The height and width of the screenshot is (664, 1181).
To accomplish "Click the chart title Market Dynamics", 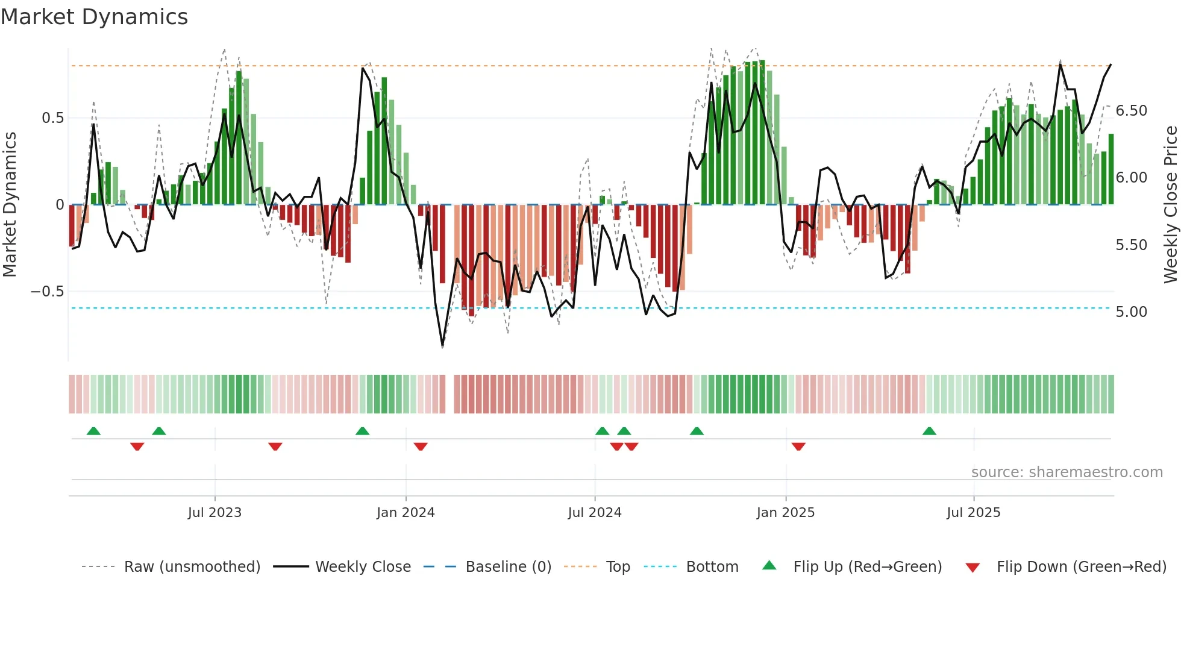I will [x=94, y=17].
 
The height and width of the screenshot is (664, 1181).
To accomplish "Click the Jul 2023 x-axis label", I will [x=215, y=512].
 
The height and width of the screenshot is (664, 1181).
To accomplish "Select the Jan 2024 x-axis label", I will [x=406, y=512].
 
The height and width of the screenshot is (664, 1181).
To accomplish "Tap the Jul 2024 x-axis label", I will [x=594, y=512].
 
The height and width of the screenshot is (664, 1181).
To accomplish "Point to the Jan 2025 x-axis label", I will [x=785, y=512].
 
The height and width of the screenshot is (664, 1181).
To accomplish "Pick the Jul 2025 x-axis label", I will [x=973, y=512].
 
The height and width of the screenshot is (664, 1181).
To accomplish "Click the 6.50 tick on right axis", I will [x=1131, y=111].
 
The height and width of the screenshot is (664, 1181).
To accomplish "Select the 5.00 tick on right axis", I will [x=1131, y=312].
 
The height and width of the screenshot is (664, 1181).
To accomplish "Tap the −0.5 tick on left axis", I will [x=47, y=292].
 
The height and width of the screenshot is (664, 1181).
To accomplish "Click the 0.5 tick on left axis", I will [x=52, y=118].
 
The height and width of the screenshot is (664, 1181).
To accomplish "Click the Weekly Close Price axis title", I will [x=1170, y=205].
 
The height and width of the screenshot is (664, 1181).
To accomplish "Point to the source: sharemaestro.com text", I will [x=1067, y=472].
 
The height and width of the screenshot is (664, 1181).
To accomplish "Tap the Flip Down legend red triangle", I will [x=972, y=568].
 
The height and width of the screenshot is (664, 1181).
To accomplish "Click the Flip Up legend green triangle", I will [x=769, y=565].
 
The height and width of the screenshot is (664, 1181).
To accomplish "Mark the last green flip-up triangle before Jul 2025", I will [x=929, y=431].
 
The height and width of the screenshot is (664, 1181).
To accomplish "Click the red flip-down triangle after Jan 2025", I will [x=798, y=446].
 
